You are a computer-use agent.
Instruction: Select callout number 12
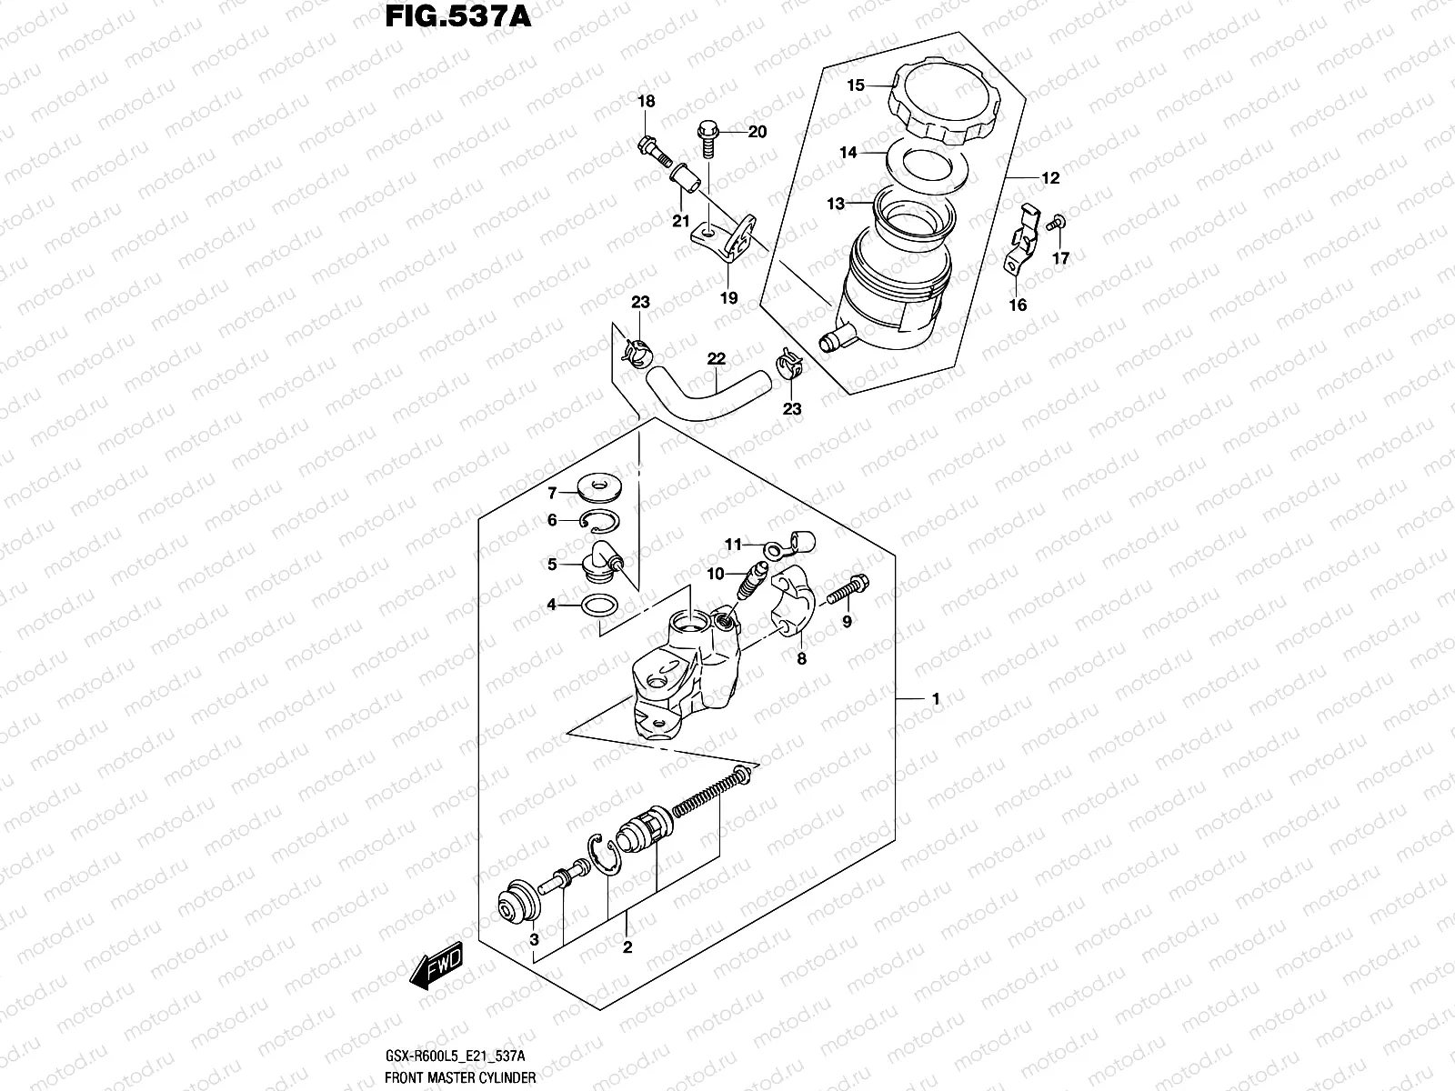[1050, 178]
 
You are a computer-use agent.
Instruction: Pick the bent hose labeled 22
[703, 398]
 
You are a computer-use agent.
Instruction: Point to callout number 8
[801, 660]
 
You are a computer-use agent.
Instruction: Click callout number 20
[757, 132]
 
